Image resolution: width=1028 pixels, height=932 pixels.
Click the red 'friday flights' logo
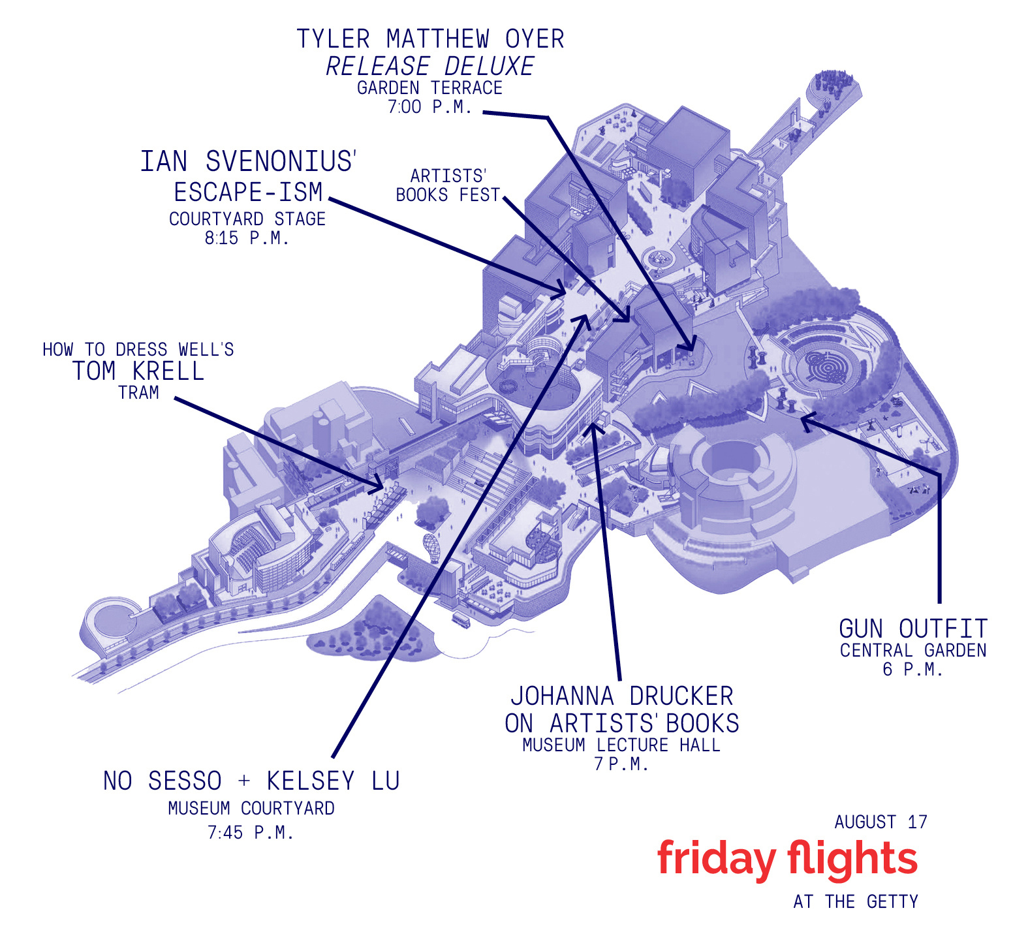(x=787, y=859)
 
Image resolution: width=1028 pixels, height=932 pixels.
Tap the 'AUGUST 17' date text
(x=880, y=822)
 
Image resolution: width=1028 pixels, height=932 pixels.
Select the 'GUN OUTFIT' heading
(x=912, y=629)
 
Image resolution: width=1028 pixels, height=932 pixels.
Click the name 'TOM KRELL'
(x=138, y=371)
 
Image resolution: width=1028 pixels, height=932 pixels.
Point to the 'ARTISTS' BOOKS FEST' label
(x=448, y=185)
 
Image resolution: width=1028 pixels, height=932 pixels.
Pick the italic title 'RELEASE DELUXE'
(x=430, y=66)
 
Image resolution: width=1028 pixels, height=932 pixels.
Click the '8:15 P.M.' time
(x=247, y=238)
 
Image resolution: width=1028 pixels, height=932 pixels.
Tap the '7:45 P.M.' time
(x=251, y=833)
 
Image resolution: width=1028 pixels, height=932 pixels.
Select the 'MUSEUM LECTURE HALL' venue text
(x=621, y=745)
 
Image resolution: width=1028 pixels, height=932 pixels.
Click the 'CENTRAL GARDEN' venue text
(x=912, y=651)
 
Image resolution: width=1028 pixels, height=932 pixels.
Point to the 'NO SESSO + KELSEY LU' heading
(x=251, y=781)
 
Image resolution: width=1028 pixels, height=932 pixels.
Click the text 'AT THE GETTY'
(x=856, y=902)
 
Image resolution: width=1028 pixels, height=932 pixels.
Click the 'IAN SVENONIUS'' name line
(x=249, y=162)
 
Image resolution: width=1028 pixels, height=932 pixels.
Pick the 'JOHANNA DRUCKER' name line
(x=621, y=696)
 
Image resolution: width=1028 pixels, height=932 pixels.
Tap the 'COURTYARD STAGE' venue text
(x=247, y=219)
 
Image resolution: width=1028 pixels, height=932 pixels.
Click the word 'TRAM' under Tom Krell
(x=138, y=393)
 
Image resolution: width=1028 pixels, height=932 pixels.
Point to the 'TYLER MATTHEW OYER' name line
(x=430, y=39)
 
